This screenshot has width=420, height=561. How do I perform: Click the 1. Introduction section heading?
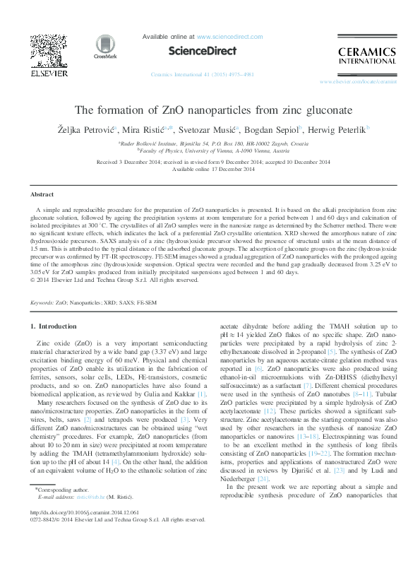(55, 326)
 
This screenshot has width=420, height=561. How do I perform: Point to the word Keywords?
(42, 302)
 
